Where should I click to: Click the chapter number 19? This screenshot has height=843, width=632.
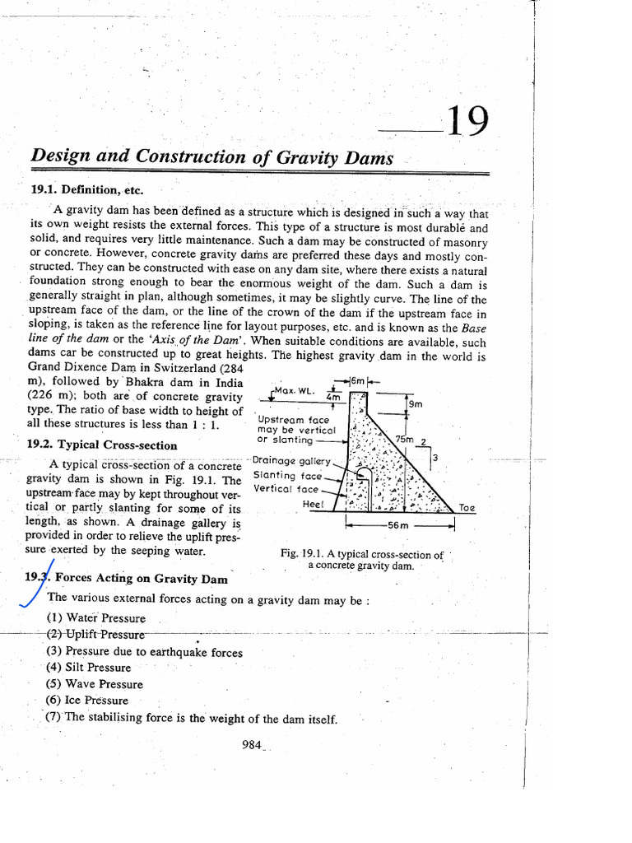(x=466, y=123)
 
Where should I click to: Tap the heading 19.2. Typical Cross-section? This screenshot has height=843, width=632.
(x=103, y=445)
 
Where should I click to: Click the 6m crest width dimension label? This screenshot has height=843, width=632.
(x=358, y=381)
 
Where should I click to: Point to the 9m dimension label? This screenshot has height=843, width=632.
(x=416, y=404)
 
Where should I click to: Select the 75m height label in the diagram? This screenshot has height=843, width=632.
(x=404, y=439)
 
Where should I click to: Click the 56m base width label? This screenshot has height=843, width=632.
(x=398, y=524)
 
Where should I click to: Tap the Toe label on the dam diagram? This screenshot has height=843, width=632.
(x=467, y=508)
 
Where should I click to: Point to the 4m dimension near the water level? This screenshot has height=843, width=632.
(x=333, y=397)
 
